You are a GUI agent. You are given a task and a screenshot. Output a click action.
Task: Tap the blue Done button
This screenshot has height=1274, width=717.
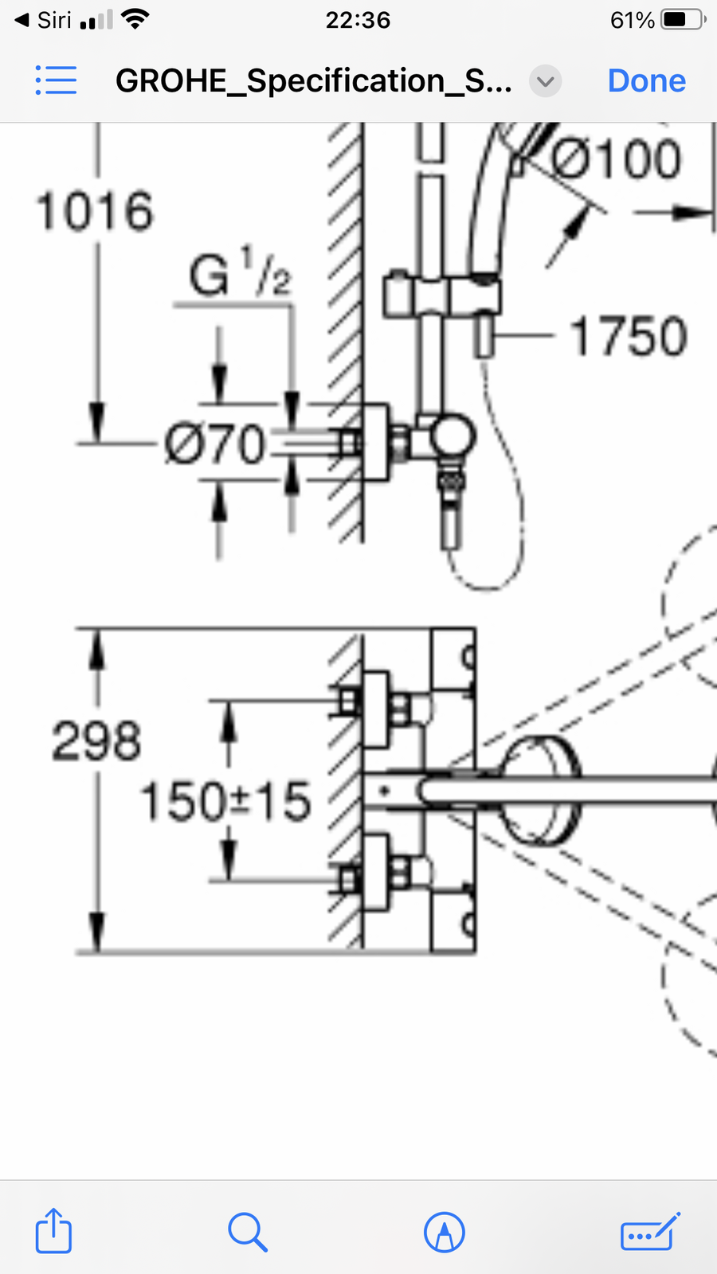coord(646,80)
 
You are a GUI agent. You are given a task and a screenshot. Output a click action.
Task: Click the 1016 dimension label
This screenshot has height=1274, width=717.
coord(95,211)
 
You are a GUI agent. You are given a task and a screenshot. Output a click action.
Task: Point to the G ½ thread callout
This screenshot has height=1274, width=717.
coord(240,272)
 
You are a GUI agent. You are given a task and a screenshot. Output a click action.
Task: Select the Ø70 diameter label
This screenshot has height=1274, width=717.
coord(214,443)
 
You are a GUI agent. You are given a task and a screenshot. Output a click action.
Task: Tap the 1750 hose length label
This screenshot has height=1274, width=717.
coord(629,336)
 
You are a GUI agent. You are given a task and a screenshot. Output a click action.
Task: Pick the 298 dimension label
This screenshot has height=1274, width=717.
coord(96,741)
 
